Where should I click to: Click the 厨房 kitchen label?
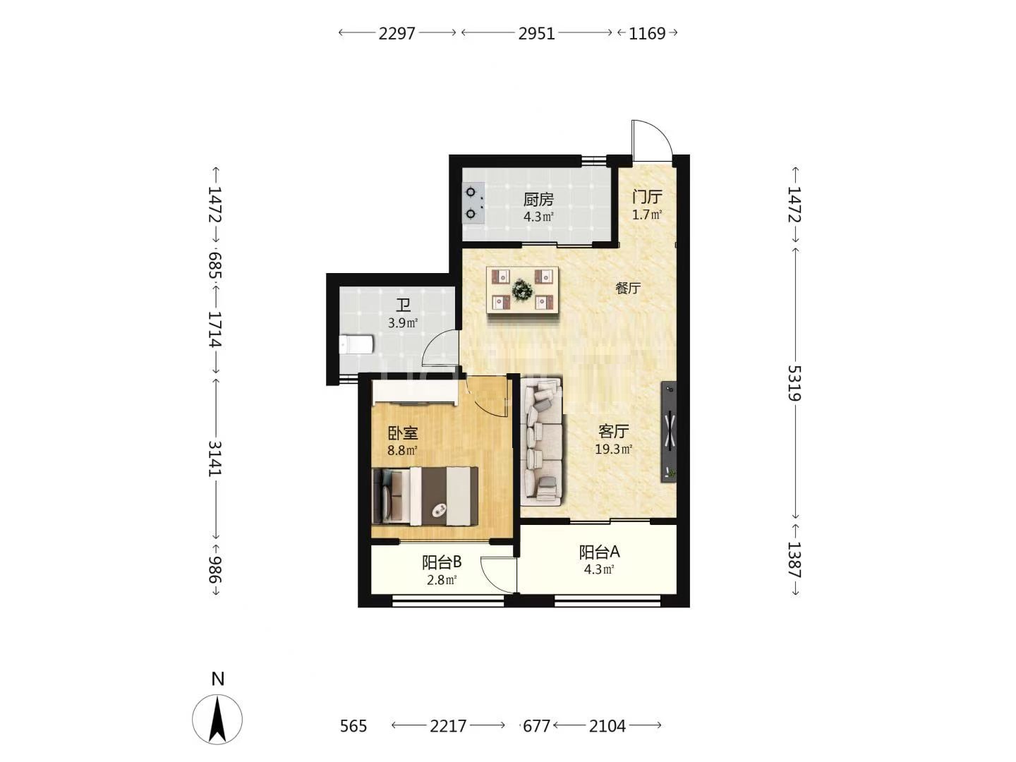point(538,200)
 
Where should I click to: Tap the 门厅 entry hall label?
point(647,197)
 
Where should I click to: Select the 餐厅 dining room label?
point(628,289)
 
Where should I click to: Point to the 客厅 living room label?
point(613,431)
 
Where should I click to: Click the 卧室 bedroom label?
point(403,433)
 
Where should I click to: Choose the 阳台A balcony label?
point(599,552)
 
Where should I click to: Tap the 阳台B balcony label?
point(442,562)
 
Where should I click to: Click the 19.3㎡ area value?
point(613,449)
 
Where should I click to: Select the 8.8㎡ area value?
point(403,450)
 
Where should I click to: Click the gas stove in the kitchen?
point(473,203)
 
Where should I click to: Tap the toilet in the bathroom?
point(356,345)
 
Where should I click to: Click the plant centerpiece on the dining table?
point(522,289)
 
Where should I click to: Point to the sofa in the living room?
point(541,442)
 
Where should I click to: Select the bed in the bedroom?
point(425,497)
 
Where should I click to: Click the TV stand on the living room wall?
point(668,432)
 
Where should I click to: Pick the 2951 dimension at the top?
point(536,33)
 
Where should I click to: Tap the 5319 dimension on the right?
point(794,383)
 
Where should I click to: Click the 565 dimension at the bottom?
point(353,726)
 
